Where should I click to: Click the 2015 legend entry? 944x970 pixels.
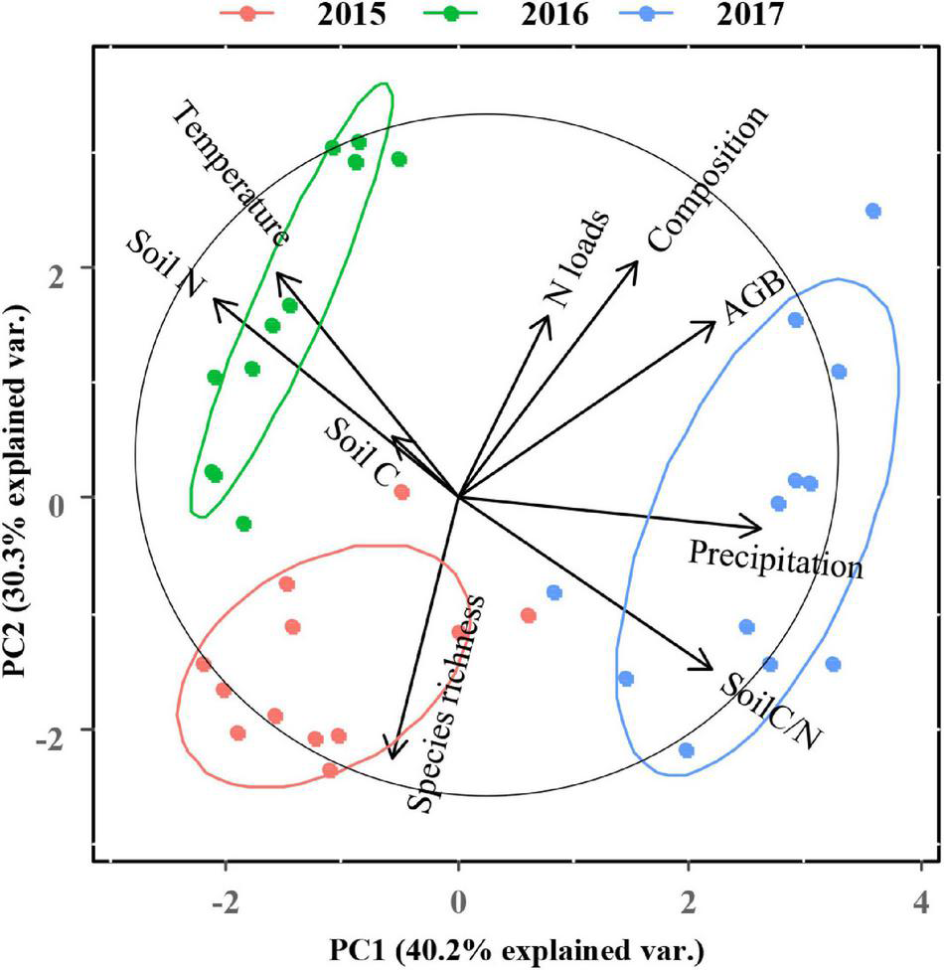click(303, 16)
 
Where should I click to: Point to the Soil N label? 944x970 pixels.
click(165, 263)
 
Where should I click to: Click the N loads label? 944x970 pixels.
click(575, 259)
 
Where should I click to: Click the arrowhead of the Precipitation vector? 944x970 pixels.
click(759, 528)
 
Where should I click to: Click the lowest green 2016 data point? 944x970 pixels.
click(243, 524)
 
